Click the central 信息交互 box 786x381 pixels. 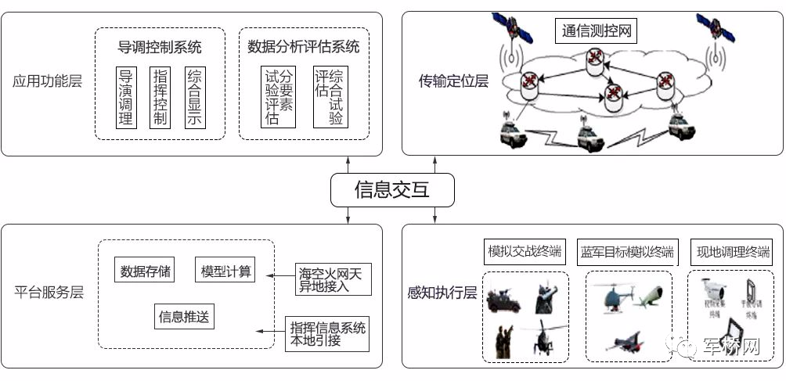pos(391,189)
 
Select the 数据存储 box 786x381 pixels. pos(144,271)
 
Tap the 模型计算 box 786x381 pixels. pos(226,271)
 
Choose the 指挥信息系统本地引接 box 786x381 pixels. pos(327,334)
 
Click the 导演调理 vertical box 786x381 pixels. pos(125,97)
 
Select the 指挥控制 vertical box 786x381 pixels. pos(160,97)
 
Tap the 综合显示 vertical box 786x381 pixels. pos(194,97)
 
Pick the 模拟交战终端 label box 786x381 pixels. pos(524,252)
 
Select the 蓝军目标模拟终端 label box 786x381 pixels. pos(626,252)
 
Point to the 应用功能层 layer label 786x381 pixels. pos(48,81)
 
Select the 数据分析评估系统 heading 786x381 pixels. pos(303,47)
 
